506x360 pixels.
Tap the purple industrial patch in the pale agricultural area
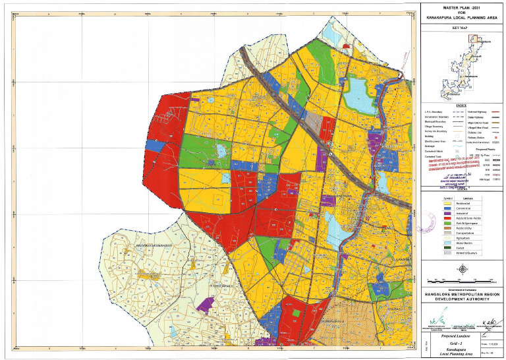[207, 303]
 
